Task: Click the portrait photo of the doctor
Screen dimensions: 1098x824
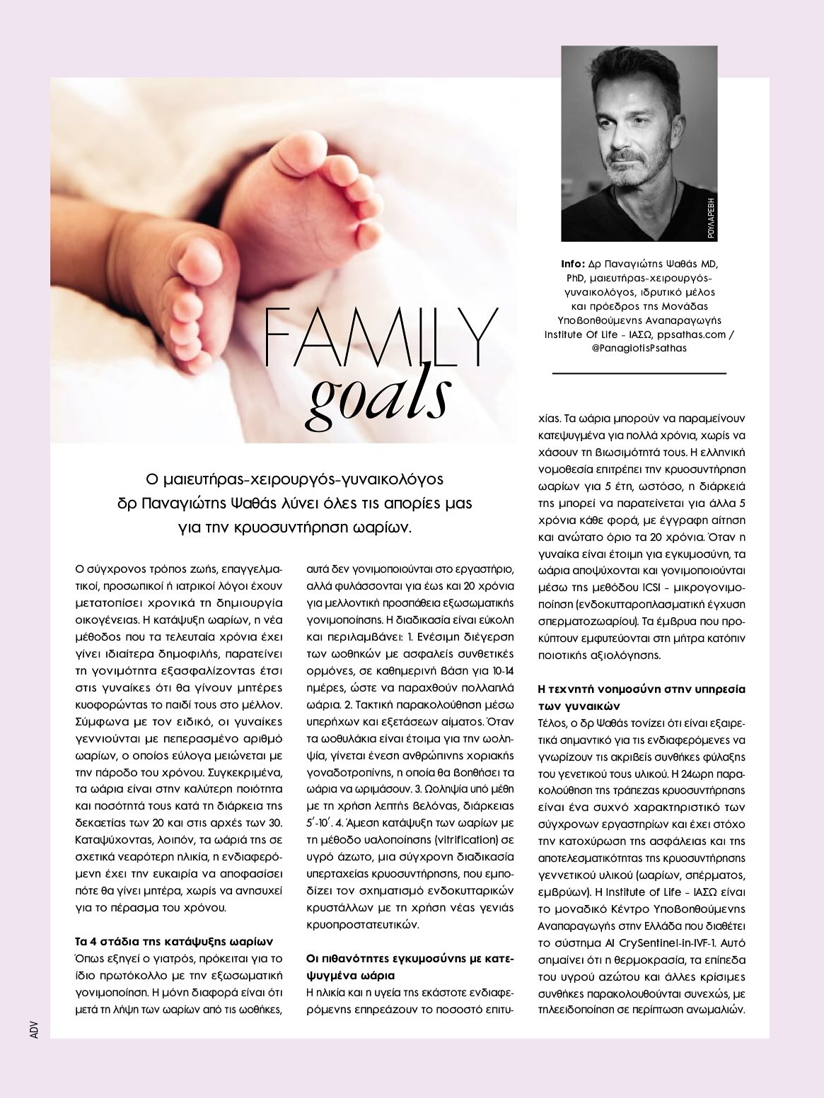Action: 639,143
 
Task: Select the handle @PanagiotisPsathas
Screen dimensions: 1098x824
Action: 638,349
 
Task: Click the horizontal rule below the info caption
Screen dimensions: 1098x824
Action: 639,373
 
